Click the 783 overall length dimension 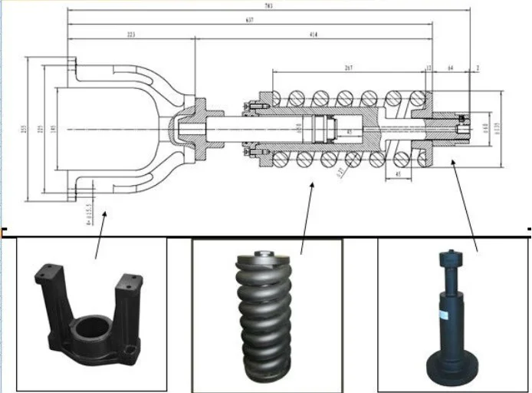coord(268,7)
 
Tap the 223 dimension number coord(131,35)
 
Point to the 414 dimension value coord(314,35)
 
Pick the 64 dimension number coord(451,68)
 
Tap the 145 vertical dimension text coord(53,129)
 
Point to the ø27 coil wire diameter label coord(340,172)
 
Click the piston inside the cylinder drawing coord(322,129)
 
